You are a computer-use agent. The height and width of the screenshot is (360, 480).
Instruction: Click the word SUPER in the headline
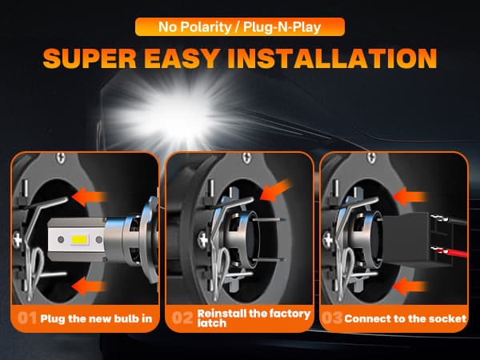[x=90, y=58]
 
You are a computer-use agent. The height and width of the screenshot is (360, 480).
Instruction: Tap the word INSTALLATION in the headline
[x=332, y=58]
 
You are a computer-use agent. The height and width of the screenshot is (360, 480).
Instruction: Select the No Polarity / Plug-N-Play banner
[x=240, y=27]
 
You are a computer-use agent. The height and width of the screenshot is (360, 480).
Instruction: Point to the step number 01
[x=27, y=318]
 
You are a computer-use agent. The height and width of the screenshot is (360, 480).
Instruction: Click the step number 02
[x=182, y=318]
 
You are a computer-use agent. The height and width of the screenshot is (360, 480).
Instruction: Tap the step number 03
[x=332, y=318]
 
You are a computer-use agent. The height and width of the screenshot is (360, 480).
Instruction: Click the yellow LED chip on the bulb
[x=80, y=240]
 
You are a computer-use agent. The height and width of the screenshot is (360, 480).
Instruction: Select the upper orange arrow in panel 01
[x=90, y=197]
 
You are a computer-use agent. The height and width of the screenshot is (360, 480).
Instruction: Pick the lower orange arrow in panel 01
[x=90, y=286]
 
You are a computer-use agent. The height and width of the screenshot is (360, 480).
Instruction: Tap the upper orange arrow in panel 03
[x=410, y=197]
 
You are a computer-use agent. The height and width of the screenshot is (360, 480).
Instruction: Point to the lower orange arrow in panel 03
[x=410, y=286]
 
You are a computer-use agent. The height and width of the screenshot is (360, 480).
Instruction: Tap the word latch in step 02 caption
[x=212, y=323]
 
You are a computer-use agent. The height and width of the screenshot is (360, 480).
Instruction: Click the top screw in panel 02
[x=246, y=158]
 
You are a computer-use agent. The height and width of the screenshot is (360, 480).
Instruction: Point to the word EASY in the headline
[x=182, y=58]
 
